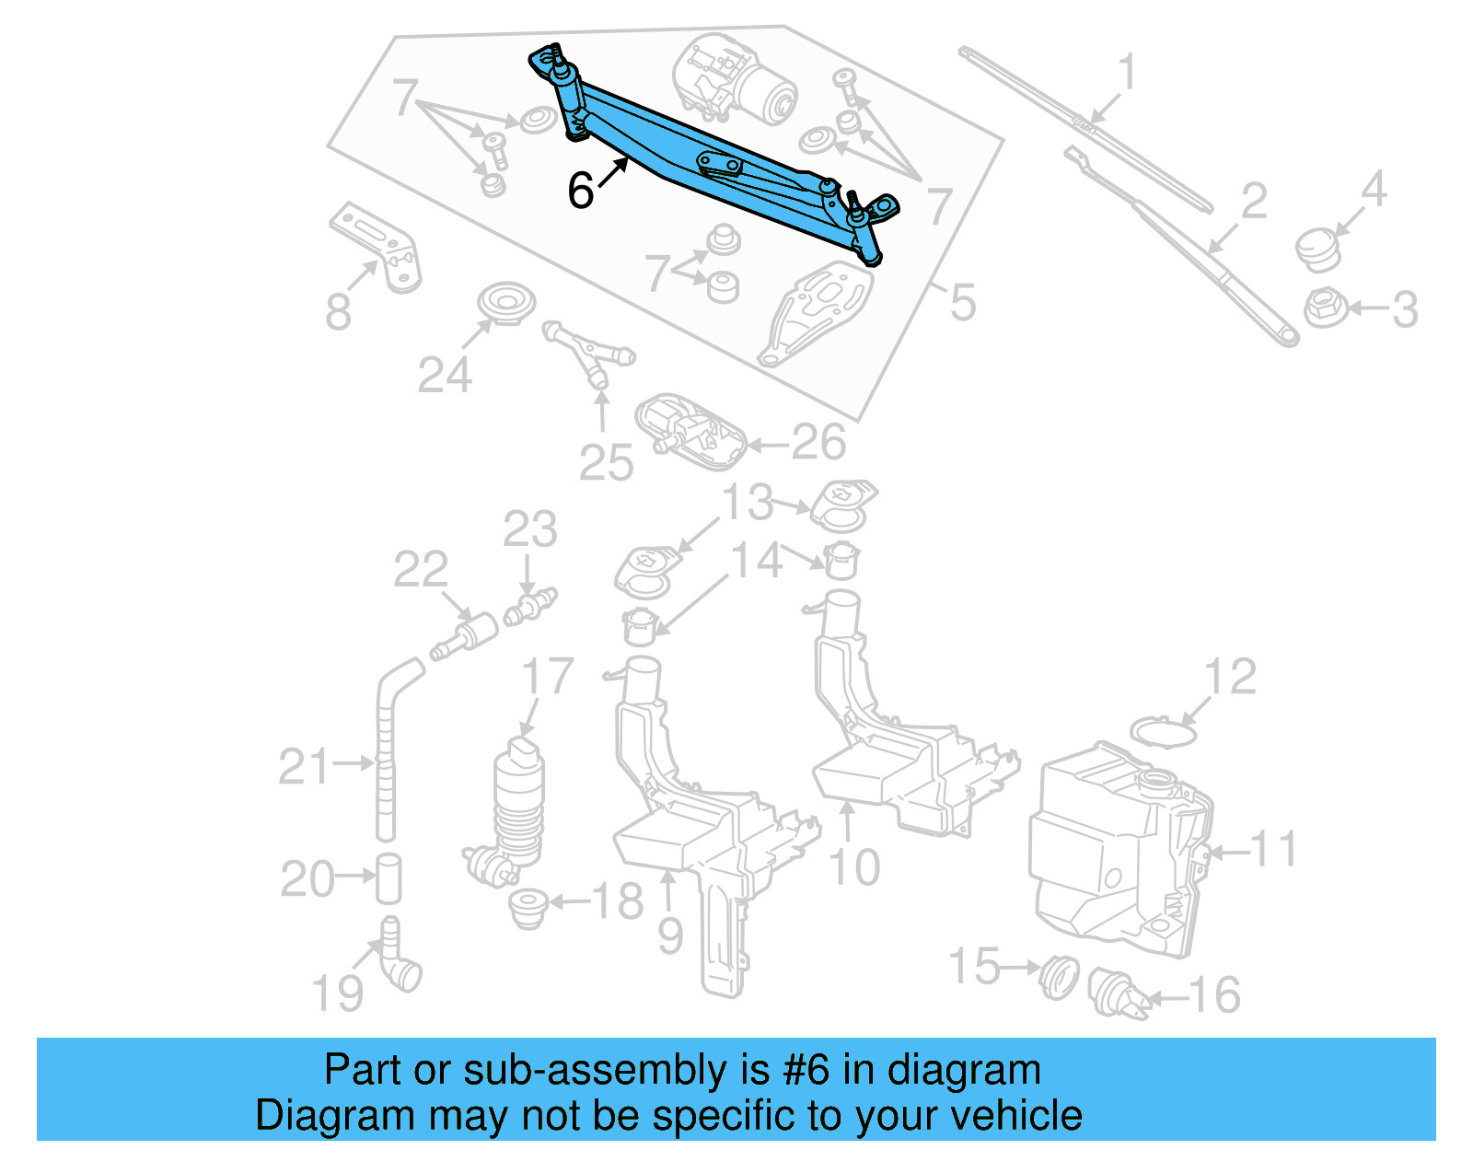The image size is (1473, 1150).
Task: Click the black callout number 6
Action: click(581, 191)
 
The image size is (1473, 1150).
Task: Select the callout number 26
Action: click(818, 443)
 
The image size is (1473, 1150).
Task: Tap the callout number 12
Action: click(1231, 677)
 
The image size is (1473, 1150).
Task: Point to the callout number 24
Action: click(445, 375)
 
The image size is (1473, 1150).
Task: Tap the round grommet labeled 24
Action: click(506, 303)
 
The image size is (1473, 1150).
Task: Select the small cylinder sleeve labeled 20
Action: click(389, 878)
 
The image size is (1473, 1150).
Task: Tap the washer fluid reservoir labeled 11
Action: click(1119, 847)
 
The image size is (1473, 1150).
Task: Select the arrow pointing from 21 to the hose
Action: click(354, 762)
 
